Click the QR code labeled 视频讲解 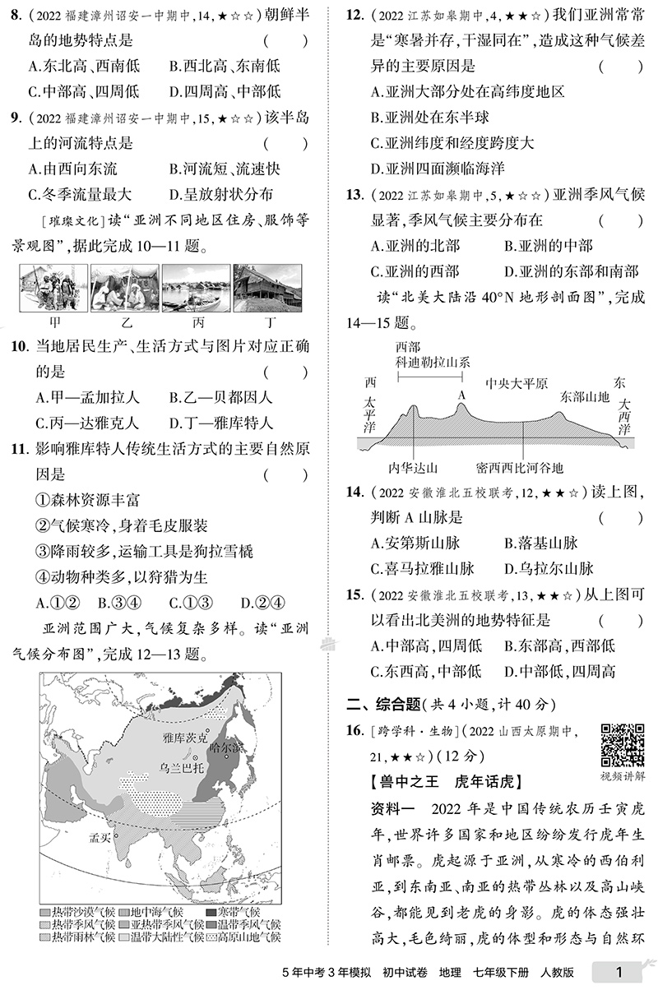point(622,745)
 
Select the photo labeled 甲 point(53,289)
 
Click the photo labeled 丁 point(267,289)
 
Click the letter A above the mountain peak point(461,395)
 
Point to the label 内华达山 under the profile point(410,467)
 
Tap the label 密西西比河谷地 point(519,467)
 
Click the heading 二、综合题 point(383,704)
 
